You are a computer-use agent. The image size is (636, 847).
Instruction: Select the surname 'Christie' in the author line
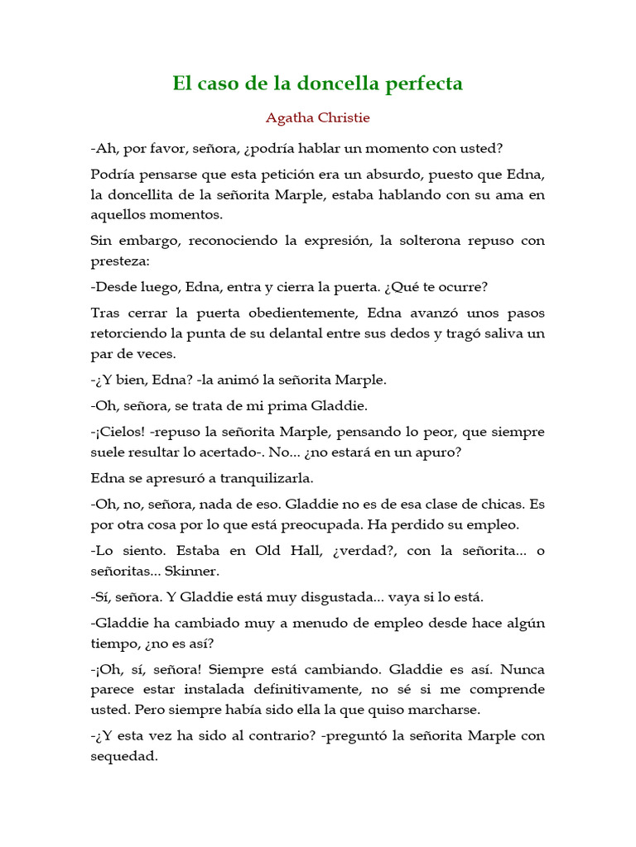click(342, 117)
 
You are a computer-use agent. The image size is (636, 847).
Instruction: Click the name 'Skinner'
click(192, 571)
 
